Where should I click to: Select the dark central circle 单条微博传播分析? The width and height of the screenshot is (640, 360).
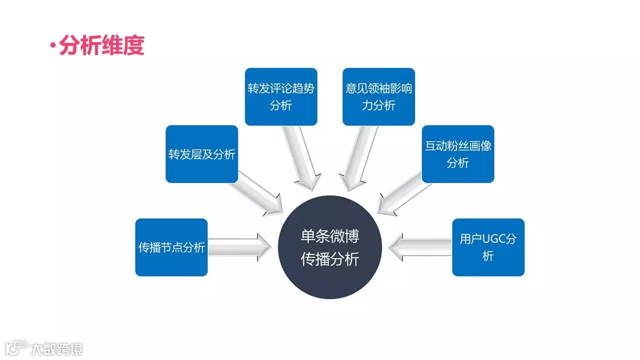[329, 247]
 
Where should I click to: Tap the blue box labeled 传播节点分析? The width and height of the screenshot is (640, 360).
[171, 247]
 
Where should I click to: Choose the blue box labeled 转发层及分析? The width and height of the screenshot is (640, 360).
[201, 154]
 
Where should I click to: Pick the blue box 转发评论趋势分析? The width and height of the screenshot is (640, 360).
[281, 96]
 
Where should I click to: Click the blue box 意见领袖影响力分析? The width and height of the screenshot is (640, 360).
[378, 96]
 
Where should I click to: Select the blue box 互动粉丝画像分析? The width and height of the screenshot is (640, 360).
[458, 154]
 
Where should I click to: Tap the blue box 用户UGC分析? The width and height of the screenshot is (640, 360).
[488, 247]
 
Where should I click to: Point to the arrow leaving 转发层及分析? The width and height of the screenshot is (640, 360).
[257, 192]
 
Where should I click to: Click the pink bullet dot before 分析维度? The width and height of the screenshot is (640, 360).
[52, 46]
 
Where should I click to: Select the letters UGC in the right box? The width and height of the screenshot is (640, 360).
[494, 238]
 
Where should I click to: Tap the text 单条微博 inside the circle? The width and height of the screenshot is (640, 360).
[330, 236]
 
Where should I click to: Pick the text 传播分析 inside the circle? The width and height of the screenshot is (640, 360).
[330, 259]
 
